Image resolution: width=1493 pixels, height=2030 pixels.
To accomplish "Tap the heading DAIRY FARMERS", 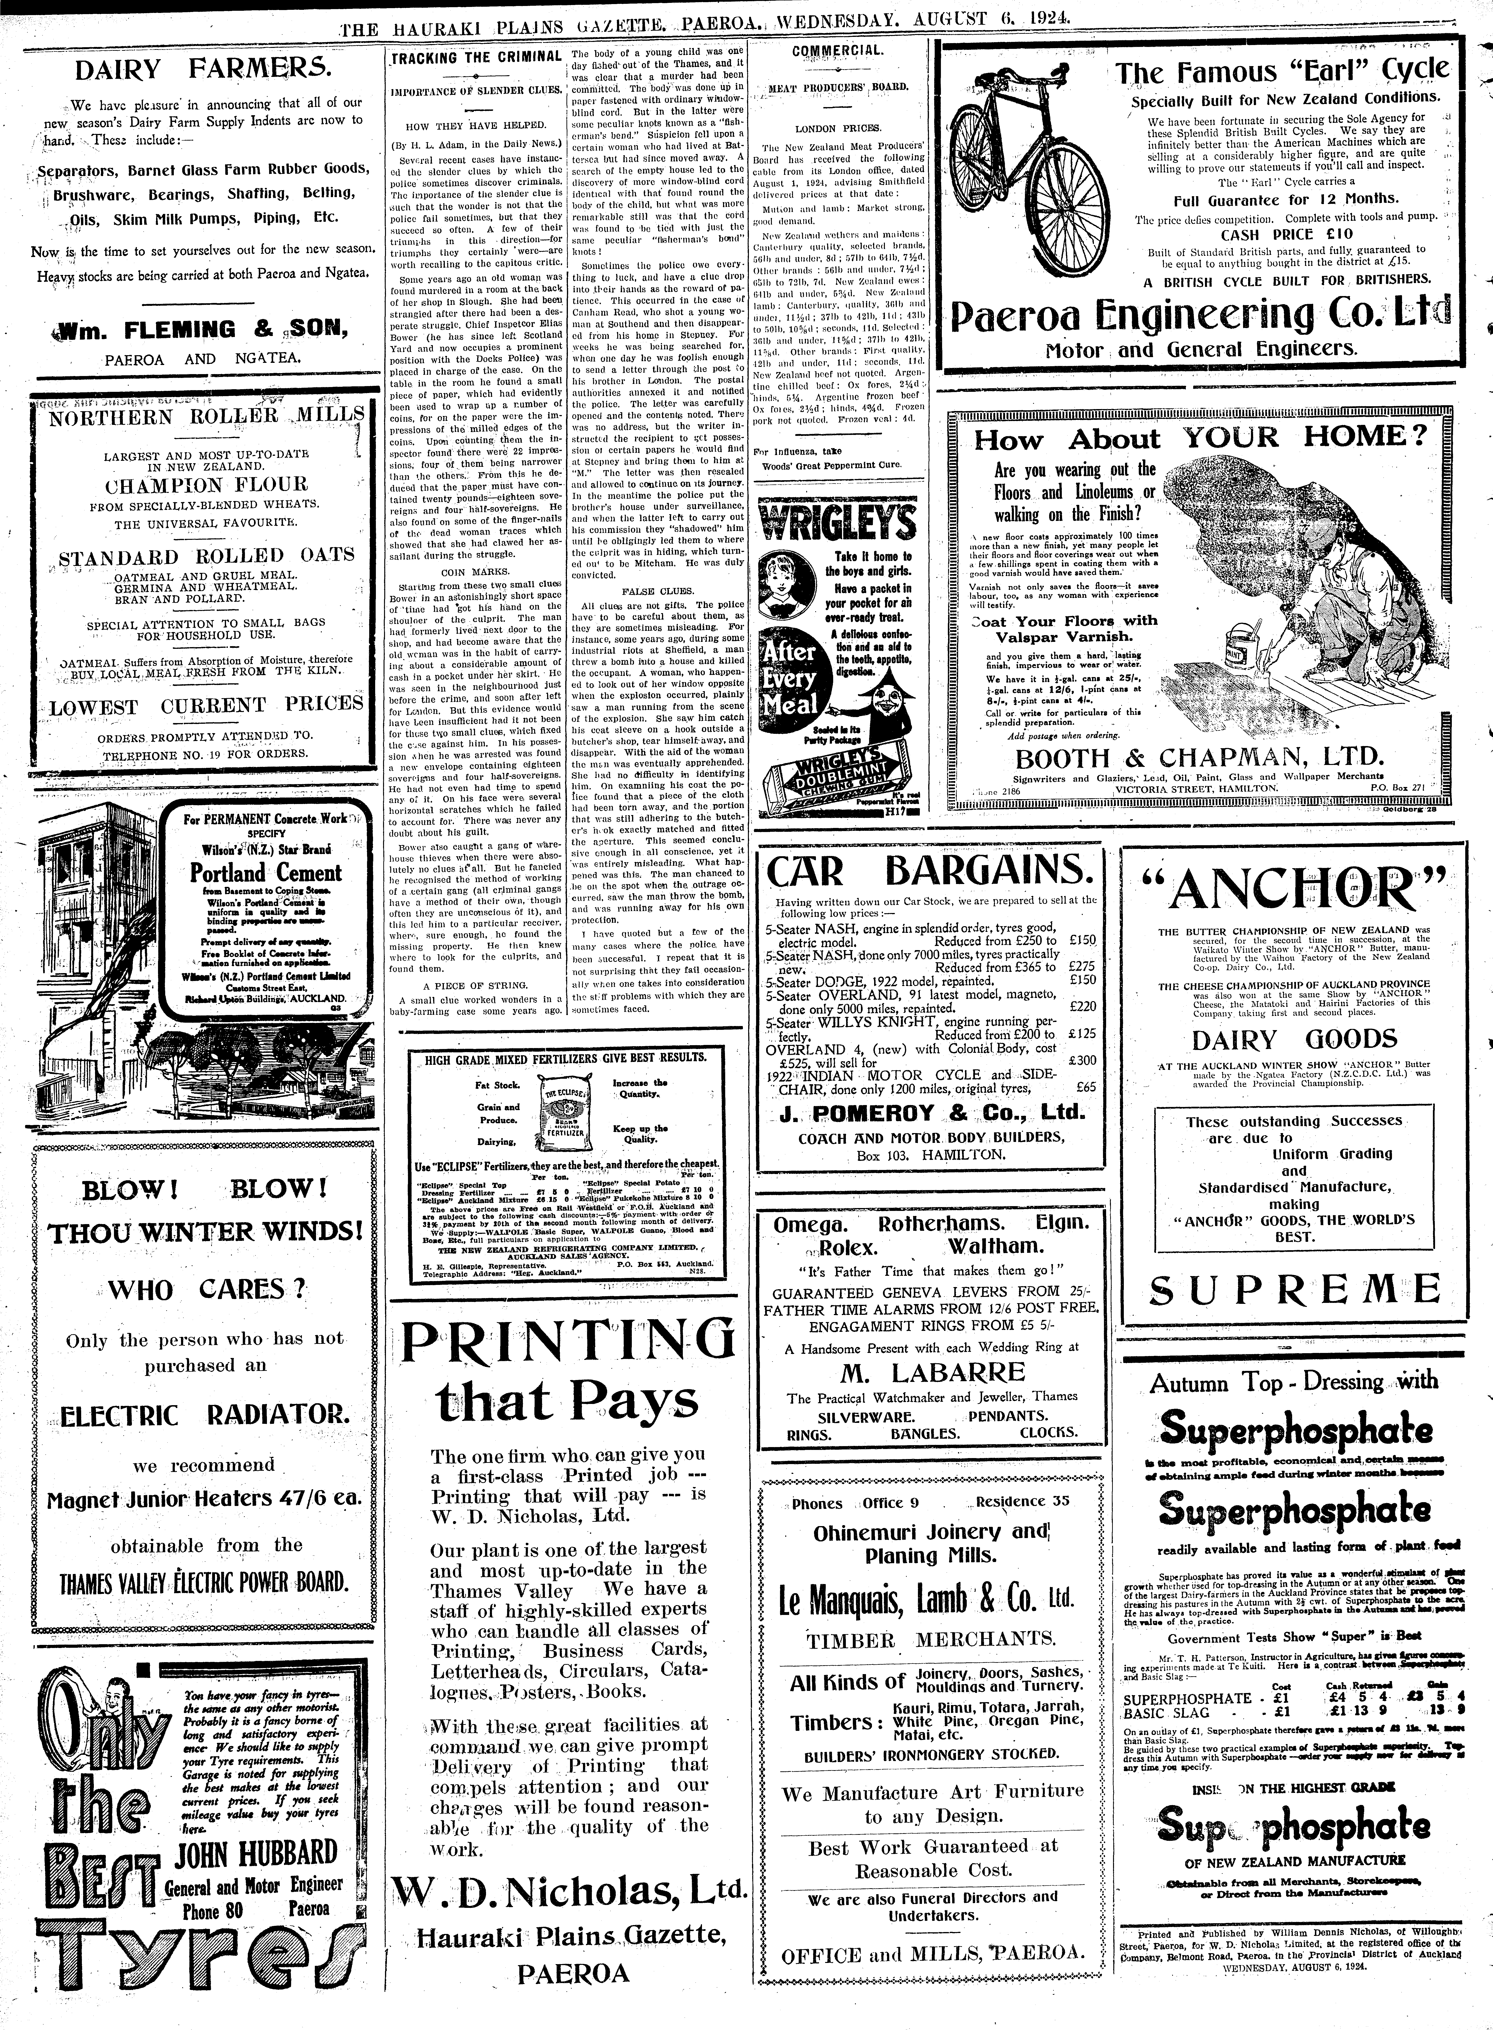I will coord(203,70).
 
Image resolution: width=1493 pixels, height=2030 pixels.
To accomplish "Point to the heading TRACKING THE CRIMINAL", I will coord(476,57).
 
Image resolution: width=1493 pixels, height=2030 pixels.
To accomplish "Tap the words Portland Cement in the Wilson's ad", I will coord(266,873).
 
